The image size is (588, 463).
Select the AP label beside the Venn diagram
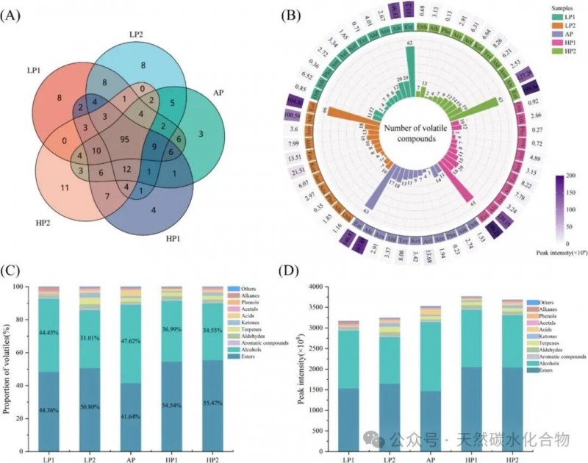[x=218, y=93]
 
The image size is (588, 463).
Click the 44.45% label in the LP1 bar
[x=50, y=332]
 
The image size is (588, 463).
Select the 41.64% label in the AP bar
[x=132, y=416]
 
